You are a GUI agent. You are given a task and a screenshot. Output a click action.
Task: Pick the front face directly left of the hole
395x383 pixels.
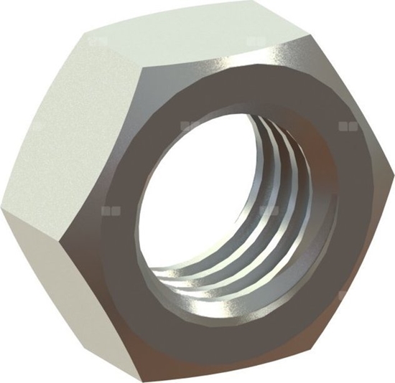(x=115, y=215)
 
